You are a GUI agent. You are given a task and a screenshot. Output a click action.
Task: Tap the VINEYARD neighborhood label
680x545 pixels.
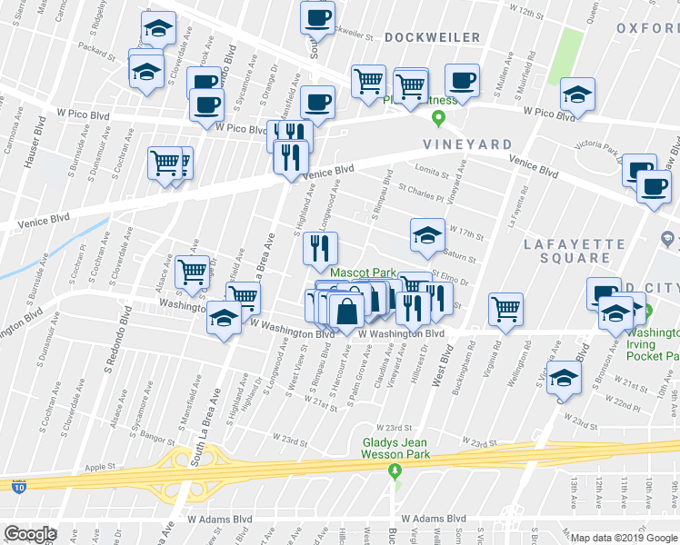coord(466,144)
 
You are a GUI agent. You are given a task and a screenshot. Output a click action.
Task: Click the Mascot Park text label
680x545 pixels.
coord(363,272)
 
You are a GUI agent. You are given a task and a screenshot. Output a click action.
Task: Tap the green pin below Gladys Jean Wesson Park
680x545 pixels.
coord(395,470)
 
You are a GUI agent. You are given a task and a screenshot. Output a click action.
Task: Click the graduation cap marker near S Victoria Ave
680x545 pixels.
coord(565,379)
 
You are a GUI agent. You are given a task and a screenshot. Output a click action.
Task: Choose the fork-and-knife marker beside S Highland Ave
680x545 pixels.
coord(320,248)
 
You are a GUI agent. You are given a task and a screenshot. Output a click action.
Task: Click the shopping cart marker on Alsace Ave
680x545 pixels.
coord(192,272)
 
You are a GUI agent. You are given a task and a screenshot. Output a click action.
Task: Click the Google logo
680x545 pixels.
coord(31,533)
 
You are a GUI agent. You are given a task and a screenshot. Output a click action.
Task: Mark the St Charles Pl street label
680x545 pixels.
coord(420,193)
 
